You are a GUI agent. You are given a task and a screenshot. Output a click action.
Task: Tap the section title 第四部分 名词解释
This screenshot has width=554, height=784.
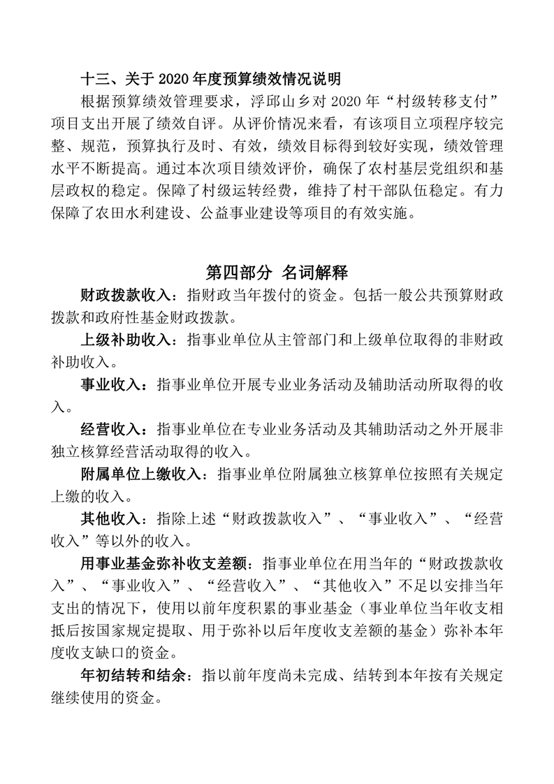pyautogui.click(x=277, y=272)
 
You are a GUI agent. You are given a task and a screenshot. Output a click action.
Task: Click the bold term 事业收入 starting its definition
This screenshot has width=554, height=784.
pyautogui.click(x=108, y=386)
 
